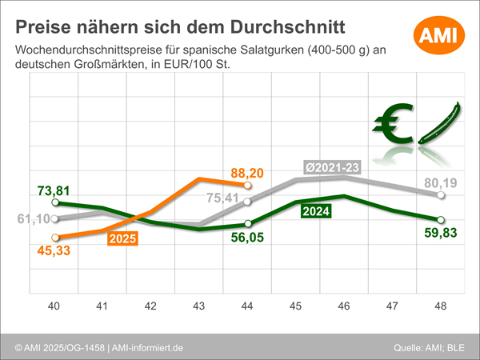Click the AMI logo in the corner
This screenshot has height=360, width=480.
click(x=437, y=34)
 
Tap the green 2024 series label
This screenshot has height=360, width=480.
click(x=318, y=211)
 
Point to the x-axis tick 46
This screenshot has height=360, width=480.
click(x=344, y=304)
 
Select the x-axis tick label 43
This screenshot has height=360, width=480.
click(x=199, y=304)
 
